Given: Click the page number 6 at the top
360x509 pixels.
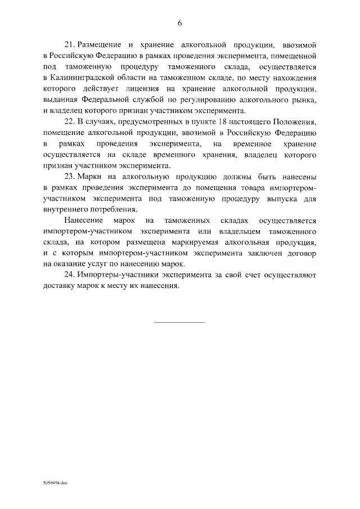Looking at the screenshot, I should tap(179, 23).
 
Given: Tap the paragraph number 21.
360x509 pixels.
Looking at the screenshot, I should tap(70, 43).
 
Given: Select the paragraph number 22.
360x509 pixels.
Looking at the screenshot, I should tap(70, 123).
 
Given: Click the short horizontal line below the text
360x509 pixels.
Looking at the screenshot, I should tap(179, 322).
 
